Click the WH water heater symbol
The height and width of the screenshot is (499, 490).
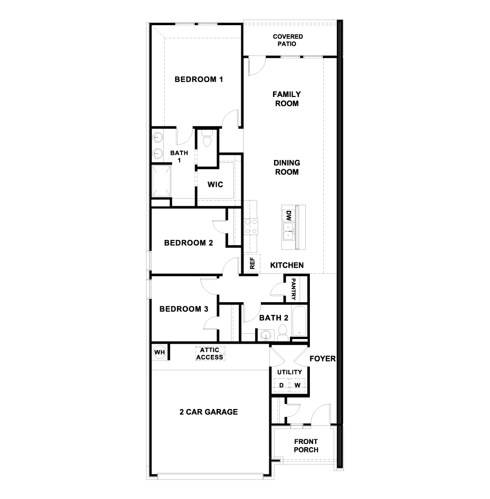tap(160, 352)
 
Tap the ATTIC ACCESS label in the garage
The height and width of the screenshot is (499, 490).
tap(210, 353)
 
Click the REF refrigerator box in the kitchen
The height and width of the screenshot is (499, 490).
tap(252, 264)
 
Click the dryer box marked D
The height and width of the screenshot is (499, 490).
tap(281, 385)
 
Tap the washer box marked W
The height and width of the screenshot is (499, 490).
tap(297, 385)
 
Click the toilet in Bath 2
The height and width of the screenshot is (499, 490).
tap(282, 333)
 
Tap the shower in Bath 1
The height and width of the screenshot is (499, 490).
tap(161, 180)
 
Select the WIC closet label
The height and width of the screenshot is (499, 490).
tap(215, 184)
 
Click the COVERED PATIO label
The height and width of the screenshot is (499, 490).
tap(288, 40)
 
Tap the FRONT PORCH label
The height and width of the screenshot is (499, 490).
tap(306, 445)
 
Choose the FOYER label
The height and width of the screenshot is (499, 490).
tap(323, 359)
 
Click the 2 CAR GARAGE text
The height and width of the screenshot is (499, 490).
tap(209, 412)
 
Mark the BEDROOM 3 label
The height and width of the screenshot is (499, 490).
tap(183, 309)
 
